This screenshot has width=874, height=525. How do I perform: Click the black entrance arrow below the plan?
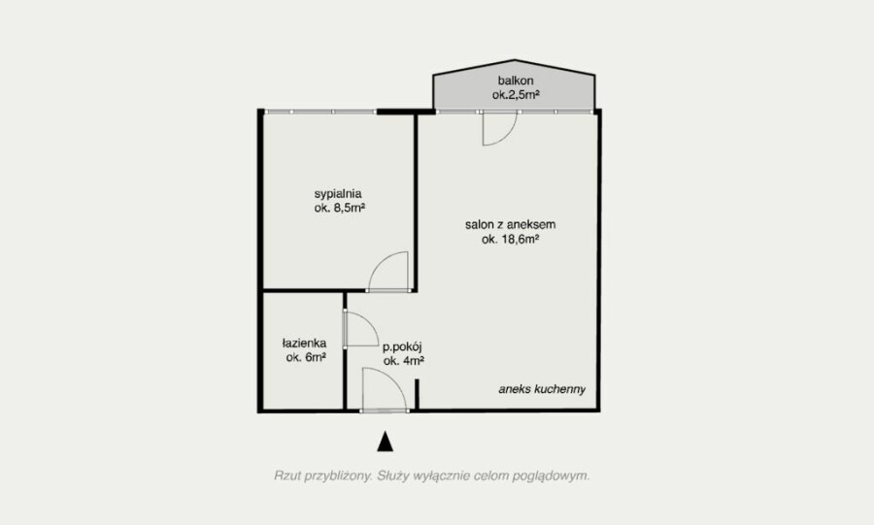click(x=386, y=442)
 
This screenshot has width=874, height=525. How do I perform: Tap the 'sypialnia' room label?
click(x=338, y=194)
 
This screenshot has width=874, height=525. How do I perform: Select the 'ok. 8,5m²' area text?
click(x=339, y=209)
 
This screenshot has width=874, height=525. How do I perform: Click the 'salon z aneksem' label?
click(x=510, y=225)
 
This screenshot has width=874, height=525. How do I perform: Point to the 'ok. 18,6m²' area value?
click(x=510, y=240)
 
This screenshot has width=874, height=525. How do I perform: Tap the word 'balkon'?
click(x=516, y=81)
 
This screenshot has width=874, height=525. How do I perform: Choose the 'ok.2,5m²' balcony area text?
click(x=516, y=95)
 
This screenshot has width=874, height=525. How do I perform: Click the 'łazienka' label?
click(x=304, y=343)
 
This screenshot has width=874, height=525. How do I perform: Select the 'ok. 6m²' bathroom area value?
click(x=306, y=357)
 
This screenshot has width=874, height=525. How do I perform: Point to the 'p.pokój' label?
click(x=402, y=347)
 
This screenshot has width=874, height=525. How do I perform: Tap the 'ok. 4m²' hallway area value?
click(x=404, y=361)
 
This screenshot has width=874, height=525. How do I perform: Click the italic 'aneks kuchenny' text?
click(x=542, y=389)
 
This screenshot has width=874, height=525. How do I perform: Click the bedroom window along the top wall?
click(x=319, y=112)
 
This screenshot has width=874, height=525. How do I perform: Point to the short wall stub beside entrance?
click(x=417, y=395)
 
